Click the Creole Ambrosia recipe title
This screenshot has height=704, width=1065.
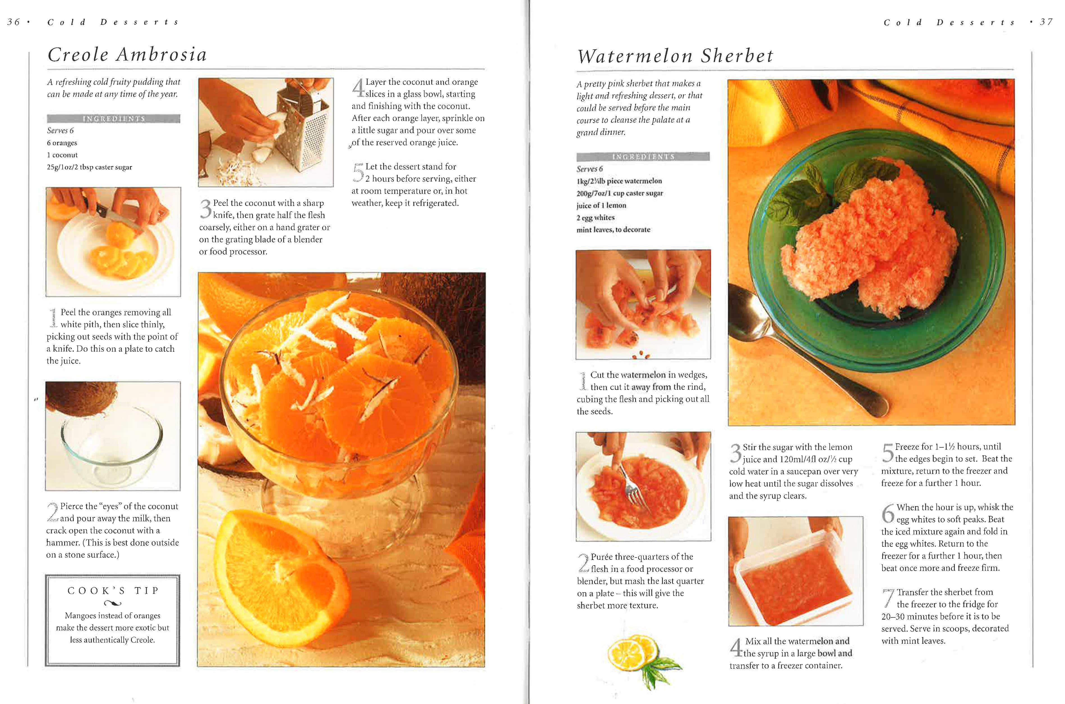click(x=127, y=54)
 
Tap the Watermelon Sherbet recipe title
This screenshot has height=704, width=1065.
click(x=675, y=56)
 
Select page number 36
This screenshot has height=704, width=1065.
click(x=13, y=22)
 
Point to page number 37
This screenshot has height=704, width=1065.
click(x=1046, y=22)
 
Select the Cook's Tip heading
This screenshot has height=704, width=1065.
click(x=113, y=591)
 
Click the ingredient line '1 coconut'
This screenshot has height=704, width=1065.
click(x=63, y=155)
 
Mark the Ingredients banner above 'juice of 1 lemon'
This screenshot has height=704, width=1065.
click(x=643, y=157)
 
